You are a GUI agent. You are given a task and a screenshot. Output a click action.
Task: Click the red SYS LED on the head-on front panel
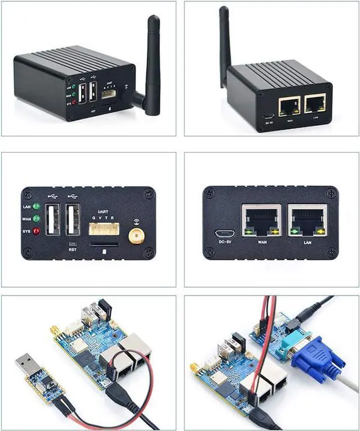[37, 230]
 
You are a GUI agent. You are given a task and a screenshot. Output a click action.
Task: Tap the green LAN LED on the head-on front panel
[37, 206]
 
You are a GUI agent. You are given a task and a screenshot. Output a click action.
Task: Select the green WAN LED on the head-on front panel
[37, 219]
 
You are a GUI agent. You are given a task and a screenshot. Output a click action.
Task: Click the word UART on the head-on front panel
[102, 211]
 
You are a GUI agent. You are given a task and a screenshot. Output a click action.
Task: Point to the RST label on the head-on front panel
[73, 251]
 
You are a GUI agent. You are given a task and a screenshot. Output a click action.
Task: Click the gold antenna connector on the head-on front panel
[135, 236]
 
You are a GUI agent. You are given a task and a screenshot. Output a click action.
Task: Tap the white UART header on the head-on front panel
[102, 228]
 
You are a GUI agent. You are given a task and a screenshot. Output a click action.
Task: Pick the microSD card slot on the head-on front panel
[104, 245]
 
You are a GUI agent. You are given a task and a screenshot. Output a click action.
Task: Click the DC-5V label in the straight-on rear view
[225, 242]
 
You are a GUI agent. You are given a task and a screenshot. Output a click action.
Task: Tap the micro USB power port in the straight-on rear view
[225, 233]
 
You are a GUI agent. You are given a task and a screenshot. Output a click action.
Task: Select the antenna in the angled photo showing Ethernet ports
[224, 42]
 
